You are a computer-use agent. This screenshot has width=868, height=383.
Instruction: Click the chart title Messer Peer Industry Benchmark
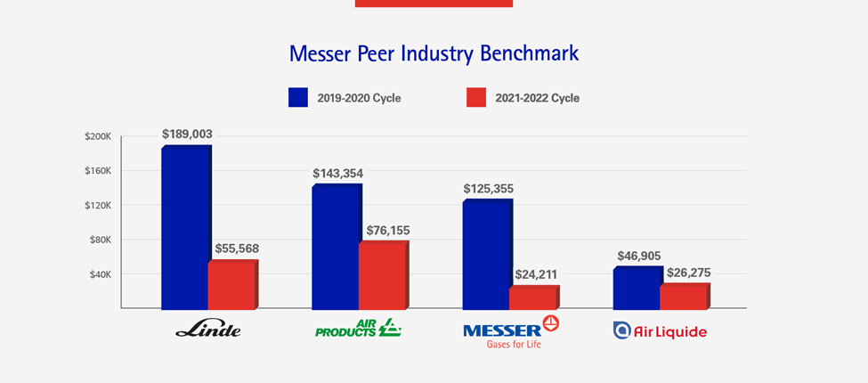pos(434,53)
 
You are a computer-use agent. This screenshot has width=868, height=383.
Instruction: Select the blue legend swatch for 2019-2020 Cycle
pos(298,97)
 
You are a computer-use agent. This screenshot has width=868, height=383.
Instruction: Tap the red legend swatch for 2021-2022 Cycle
pos(476,97)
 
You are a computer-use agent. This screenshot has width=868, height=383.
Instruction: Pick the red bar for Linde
pos(233,284)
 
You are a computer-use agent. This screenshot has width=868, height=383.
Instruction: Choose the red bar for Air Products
pos(384,275)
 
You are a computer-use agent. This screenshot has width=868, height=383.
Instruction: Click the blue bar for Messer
pos(488,255)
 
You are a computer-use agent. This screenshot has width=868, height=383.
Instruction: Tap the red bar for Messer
pos(534,297)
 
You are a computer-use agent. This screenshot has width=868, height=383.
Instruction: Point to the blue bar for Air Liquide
pos(638,288)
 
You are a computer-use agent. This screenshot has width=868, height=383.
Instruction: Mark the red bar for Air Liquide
pos(685,296)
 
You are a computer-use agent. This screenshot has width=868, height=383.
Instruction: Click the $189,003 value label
pos(187,134)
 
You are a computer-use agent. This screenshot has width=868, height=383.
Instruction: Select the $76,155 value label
pos(388,231)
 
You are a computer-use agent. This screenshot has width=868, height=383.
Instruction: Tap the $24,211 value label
pos(536,274)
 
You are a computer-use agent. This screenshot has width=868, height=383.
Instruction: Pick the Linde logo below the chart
pos(208,330)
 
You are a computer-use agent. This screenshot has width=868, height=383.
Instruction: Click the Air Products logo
pos(358,328)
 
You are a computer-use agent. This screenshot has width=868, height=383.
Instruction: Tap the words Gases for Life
pos(514,345)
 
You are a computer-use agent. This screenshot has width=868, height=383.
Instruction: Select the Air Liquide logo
pos(660,331)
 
